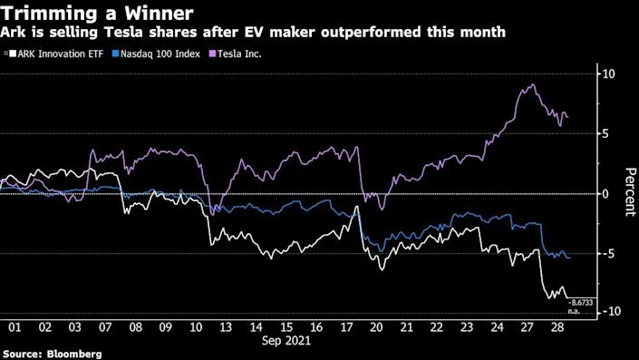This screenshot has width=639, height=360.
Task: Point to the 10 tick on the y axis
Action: (610, 73)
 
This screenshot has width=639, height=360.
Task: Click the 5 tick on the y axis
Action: (607, 133)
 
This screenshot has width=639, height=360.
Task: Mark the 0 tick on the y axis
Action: (607, 193)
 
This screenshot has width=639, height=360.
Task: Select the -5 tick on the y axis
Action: (609, 253)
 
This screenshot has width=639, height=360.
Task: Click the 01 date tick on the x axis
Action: (15, 326)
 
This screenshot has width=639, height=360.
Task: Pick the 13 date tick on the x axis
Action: (226, 326)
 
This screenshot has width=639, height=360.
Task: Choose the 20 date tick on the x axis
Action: (376, 326)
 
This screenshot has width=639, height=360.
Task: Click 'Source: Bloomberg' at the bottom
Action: (51, 353)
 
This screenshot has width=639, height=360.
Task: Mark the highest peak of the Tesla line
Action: (532, 85)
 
